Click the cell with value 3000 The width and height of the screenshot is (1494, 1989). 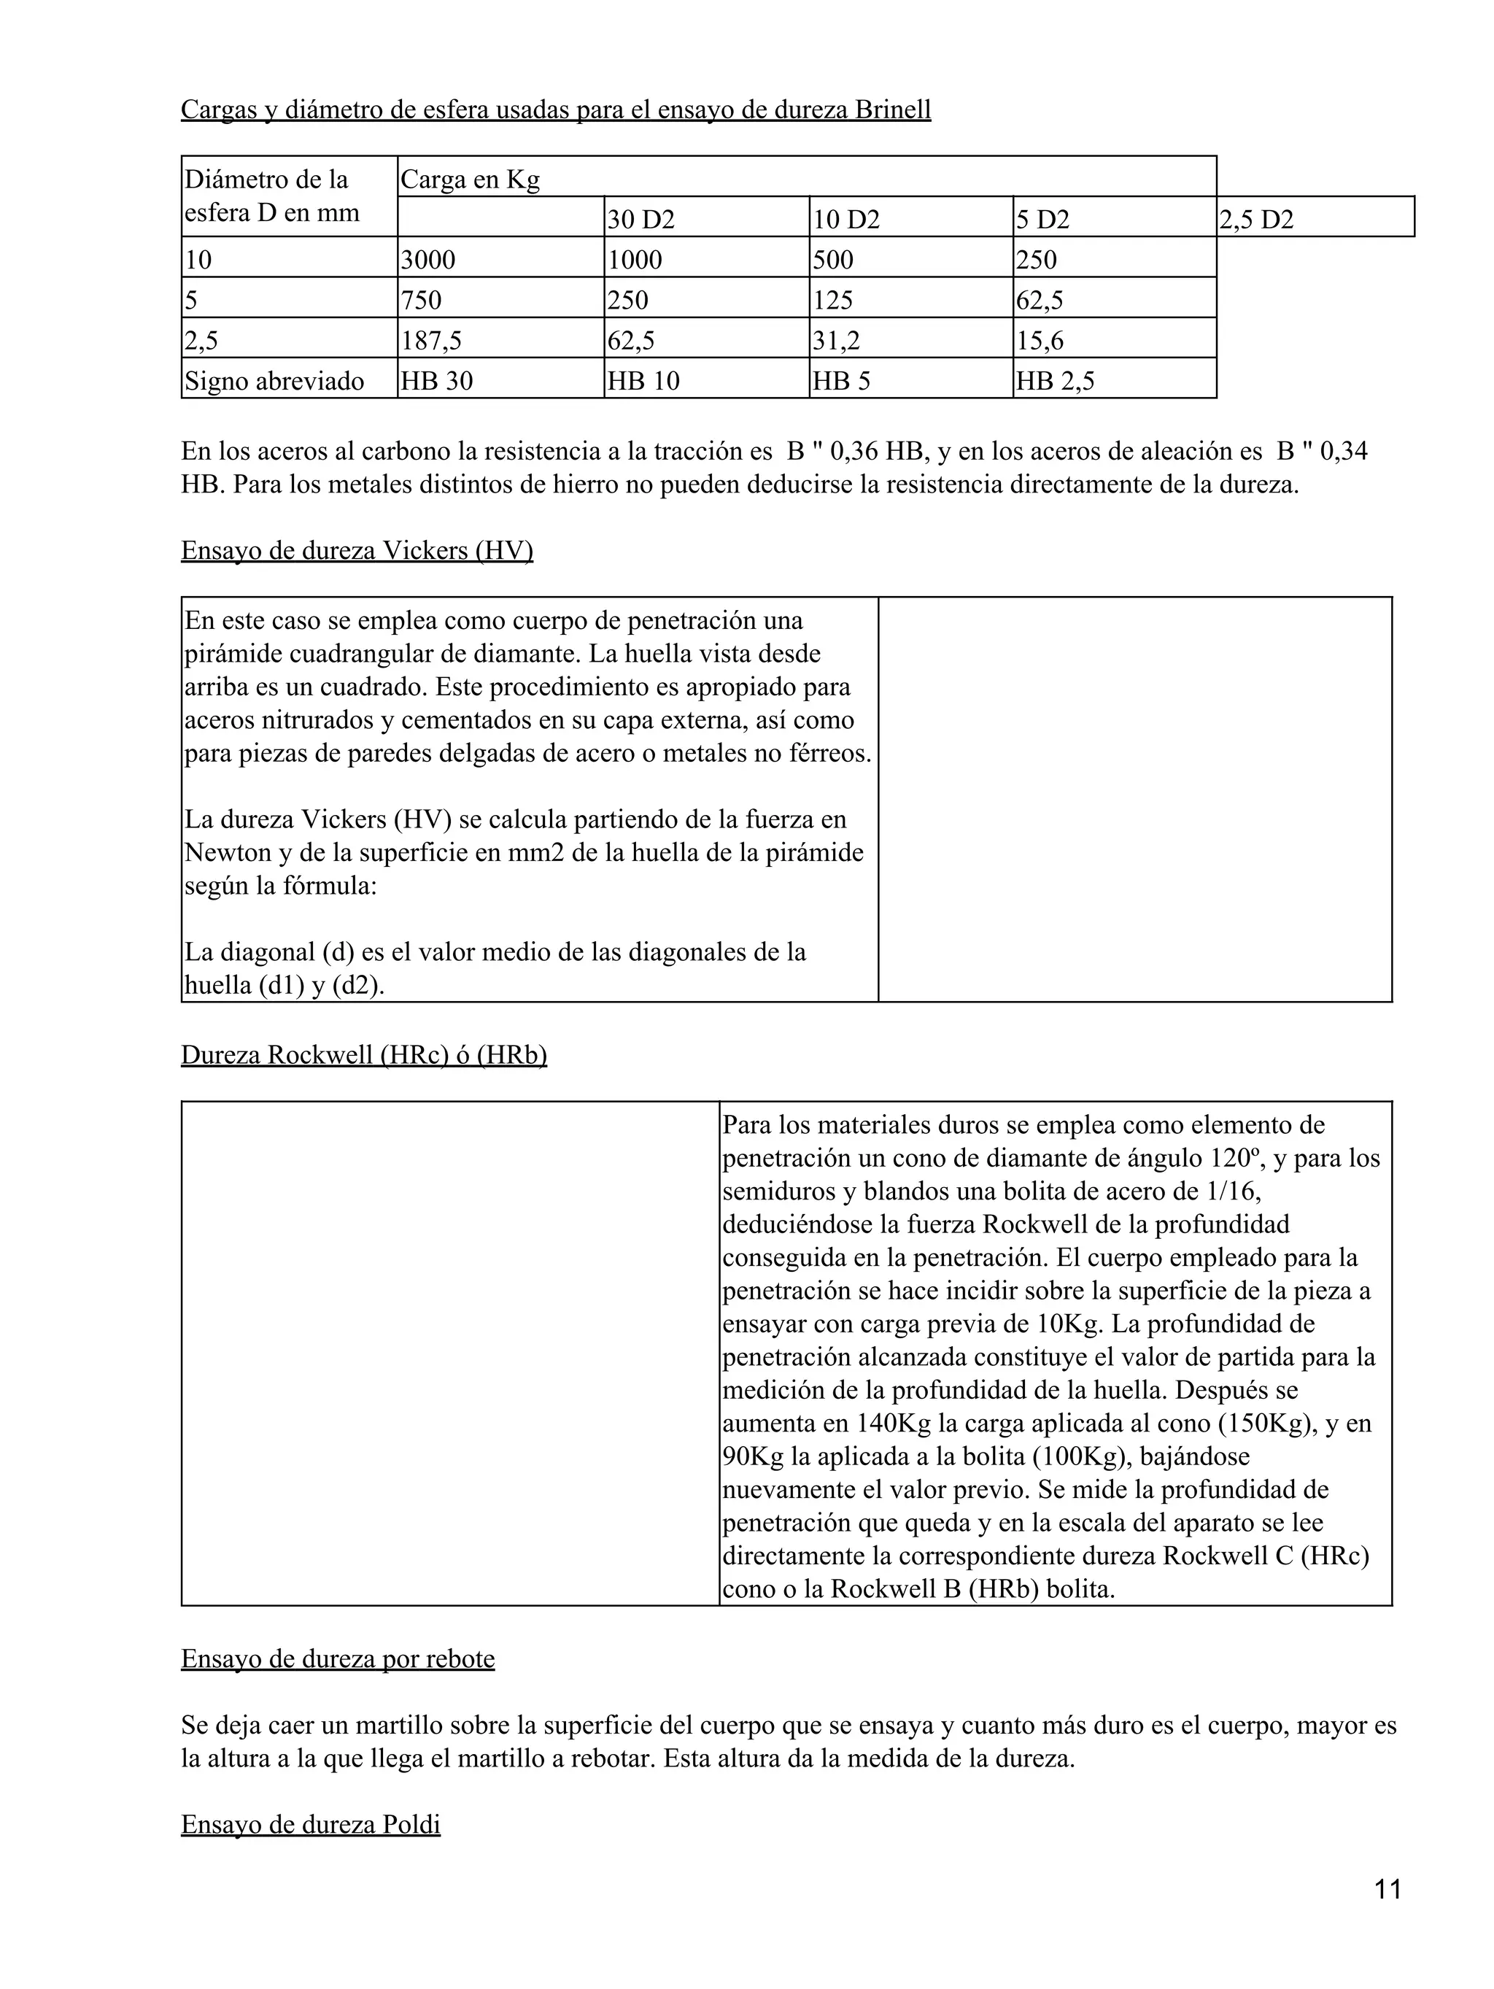click(428, 260)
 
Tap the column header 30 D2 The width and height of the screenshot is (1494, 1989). click(641, 220)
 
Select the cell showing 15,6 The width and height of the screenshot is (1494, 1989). click(1040, 341)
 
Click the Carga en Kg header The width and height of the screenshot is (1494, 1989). click(470, 179)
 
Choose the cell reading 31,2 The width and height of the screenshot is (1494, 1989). click(836, 341)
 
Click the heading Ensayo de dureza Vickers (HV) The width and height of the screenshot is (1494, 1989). click(357, 550)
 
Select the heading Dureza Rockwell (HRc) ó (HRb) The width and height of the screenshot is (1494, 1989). click(364, 1055)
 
